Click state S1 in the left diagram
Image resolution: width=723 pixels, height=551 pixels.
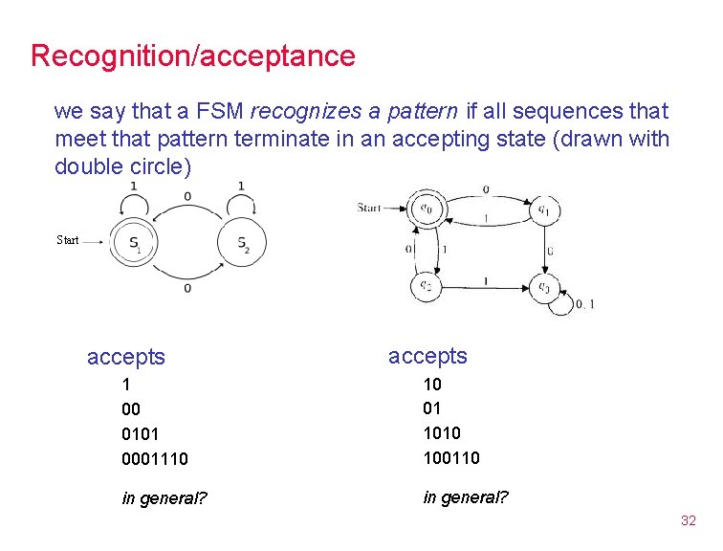pyautogui.click(x=133, y=243)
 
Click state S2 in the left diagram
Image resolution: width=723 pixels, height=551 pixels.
pyautogui.click(x=241, y=243)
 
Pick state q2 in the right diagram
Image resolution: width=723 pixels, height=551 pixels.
pyautogui.click(x=426, y=284)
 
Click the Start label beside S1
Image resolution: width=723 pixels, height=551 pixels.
pyautogui.click(x=68, y=240)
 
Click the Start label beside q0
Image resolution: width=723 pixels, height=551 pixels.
pyautogui.click(x=368, y=207)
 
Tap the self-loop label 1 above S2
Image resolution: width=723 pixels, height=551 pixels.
pyautogui.click(x=241, y=186)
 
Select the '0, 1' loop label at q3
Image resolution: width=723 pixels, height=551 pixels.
pyautogui.click(x=584, y=304)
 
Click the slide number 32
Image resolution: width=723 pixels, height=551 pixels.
pyautogui.click(x=688, y=520)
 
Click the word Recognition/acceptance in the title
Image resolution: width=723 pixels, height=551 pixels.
pyautogui.click(x=192, y=55)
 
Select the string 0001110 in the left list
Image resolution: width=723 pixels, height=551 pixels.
pyautogui.click(x=155, y=460)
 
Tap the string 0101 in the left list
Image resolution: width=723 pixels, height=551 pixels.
pyautogui.click(x=141, y=434)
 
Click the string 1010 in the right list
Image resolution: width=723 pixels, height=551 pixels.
pyautogui.click(x=441, y=433)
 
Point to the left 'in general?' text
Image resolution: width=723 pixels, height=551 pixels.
pyautogui.click(x=164, y=498)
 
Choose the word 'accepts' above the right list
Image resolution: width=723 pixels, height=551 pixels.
pyautogui.click(x=427, y=356)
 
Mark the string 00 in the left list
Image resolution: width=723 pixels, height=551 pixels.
pyautogui.click(x=132, y=409)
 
